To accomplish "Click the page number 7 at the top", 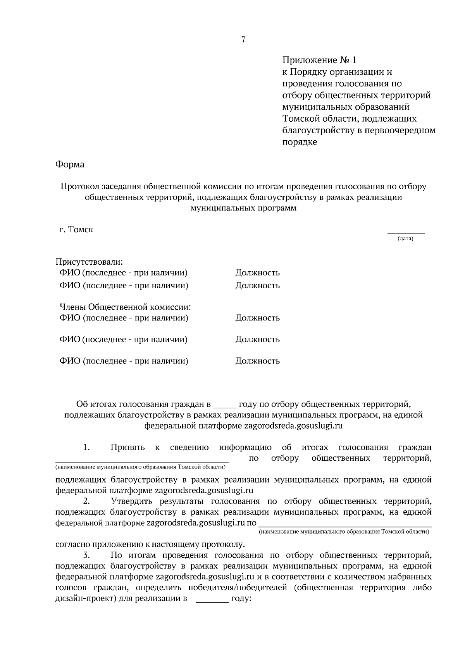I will (x=243, y=39).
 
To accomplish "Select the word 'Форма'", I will (x=70, y=164).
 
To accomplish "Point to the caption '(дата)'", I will (x=406, y=239).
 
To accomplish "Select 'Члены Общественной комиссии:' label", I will (x=125, y=307).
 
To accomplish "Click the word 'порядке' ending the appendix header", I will (x=300, y=142).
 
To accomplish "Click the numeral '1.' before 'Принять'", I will (x=86, y=448).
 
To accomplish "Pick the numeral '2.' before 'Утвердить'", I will (x=86, y=501).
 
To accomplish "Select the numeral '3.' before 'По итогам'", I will (x=86, y=555).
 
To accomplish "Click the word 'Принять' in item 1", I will (x=127, y=448).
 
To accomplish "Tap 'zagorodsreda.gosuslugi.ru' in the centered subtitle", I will (x=293, y=426).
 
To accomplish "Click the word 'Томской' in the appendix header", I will (x=301, y=119).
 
